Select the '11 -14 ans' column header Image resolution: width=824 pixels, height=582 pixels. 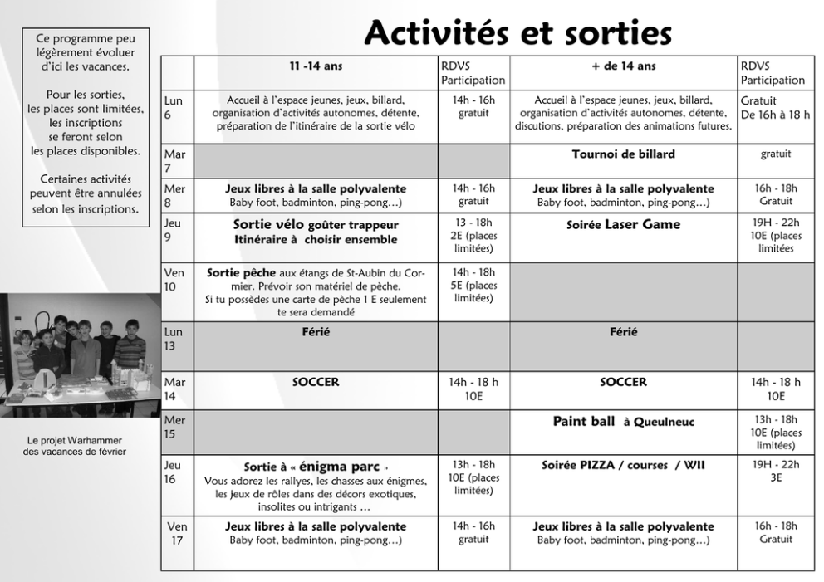pyautogui.click(x=316, y=66)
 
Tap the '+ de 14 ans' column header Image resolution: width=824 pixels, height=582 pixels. pyautogui.click(x=623, y=66)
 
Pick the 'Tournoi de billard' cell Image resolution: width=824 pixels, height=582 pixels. pyautogui.click(x=623, y=154)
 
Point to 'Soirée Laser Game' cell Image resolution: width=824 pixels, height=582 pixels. pyautogui.click(x=623, y=225)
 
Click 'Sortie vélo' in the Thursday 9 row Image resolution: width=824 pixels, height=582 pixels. pyautogui.click(x=269, y=225)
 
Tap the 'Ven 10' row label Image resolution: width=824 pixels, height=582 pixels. pyautogui.click(x=176, y=279)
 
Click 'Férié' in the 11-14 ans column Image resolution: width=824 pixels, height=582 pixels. pyautogui.click(x=316, y=332)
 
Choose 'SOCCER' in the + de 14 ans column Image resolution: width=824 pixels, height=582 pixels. pyautogui.click(x=623, y=383)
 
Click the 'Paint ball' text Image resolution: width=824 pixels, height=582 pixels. pyautogui.click(x=584, y=422)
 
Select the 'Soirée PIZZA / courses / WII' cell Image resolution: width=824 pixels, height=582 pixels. pyautogui.click(x=623, y=466)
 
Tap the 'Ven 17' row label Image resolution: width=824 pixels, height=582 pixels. pyautogui.click(x=177, y=533)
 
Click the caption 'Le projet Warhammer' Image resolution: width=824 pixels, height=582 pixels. pyautogui.click(x=75, y=440)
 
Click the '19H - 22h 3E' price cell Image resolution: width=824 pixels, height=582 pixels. pyautogui.click(x=775, y=471)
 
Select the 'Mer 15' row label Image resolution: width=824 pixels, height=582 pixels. pyautogui.click(x=176, y=427)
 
